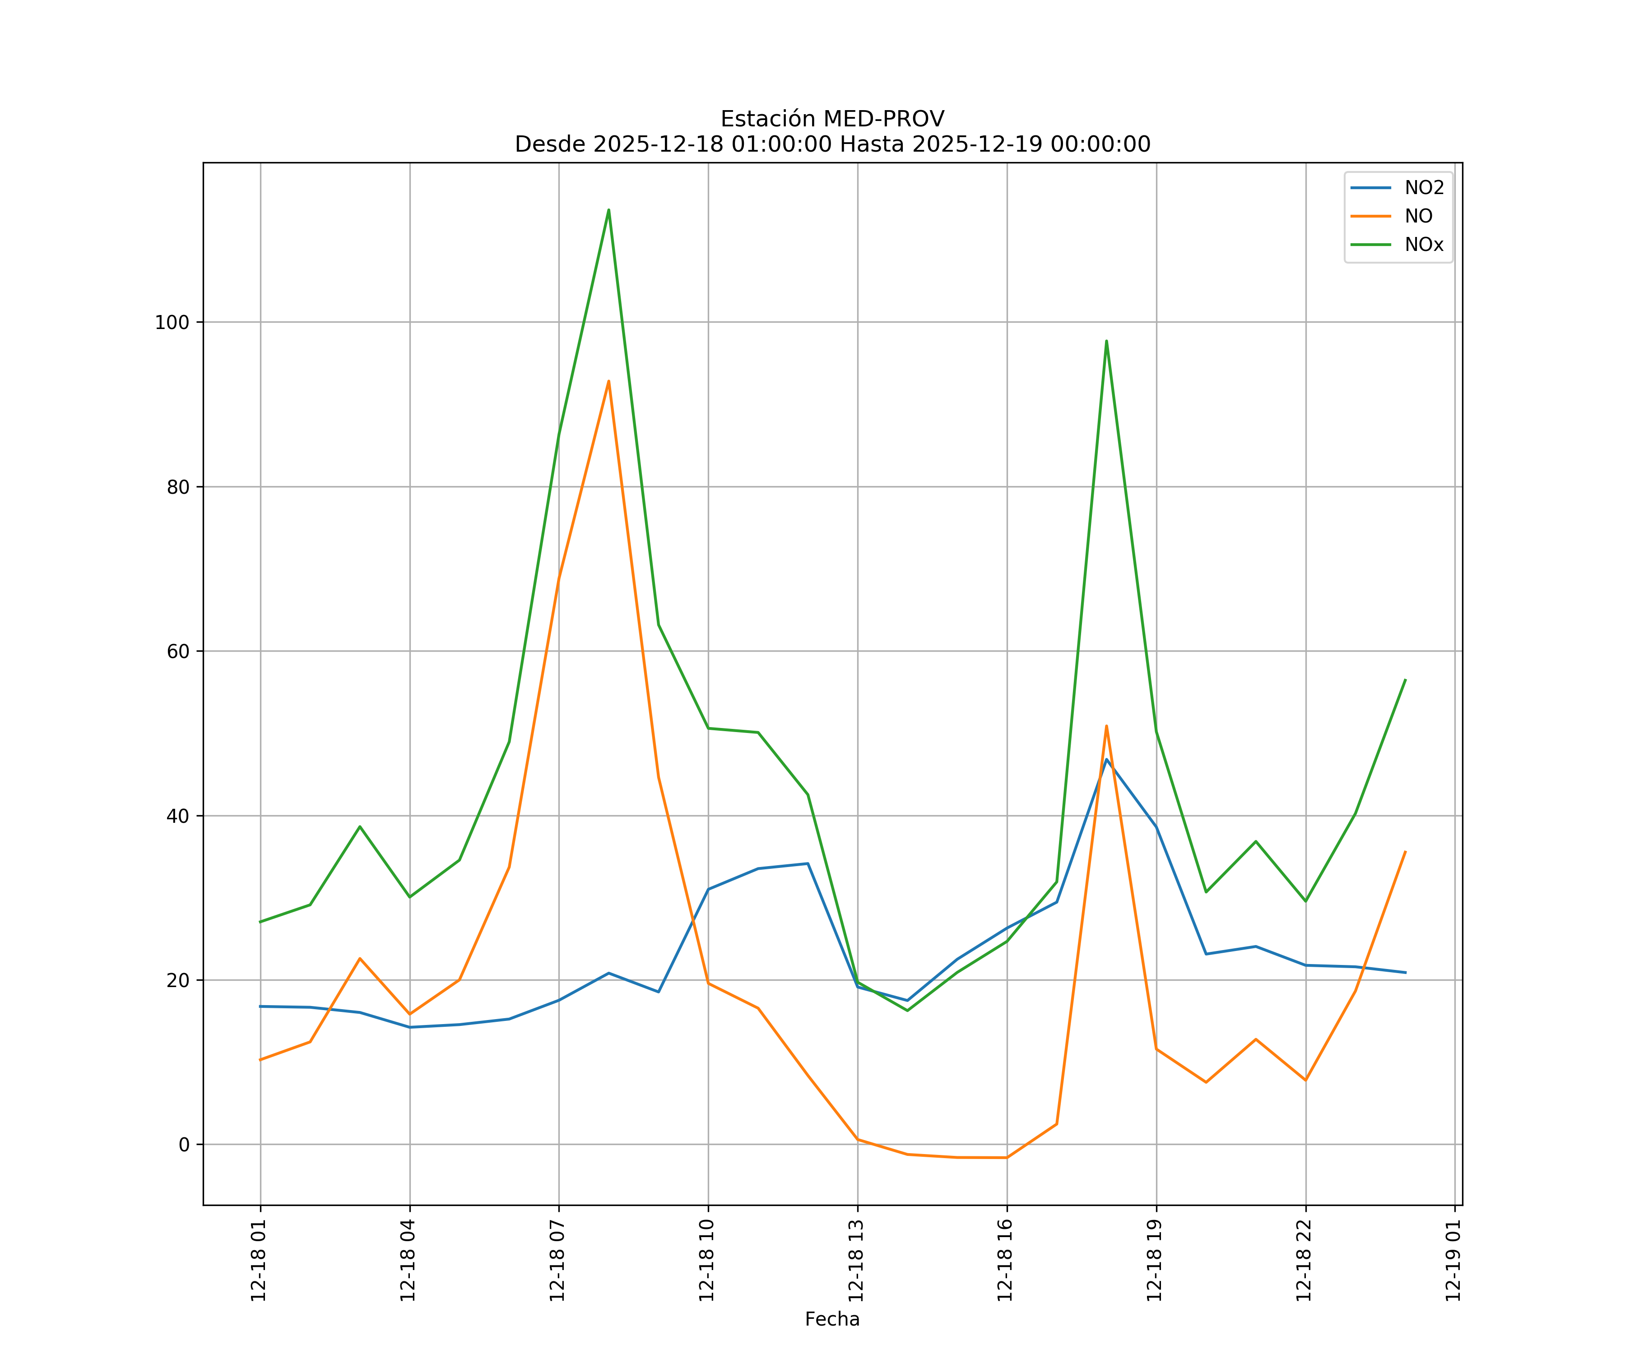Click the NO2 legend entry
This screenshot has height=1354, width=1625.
(1424, 188)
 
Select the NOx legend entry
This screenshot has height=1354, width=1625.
(1424, 245)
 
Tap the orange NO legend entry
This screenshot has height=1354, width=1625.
(1418, 217)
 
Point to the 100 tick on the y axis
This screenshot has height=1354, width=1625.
(172, 323)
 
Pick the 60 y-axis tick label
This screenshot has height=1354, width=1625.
(177, 651)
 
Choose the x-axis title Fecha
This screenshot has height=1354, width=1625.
(832, 1319)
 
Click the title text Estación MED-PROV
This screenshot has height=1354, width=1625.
(832, 119)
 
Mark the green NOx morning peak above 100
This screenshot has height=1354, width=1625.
(609, 210)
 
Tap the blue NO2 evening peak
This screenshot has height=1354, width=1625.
(1106, 759)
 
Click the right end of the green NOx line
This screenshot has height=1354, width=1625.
(1405, 680)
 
